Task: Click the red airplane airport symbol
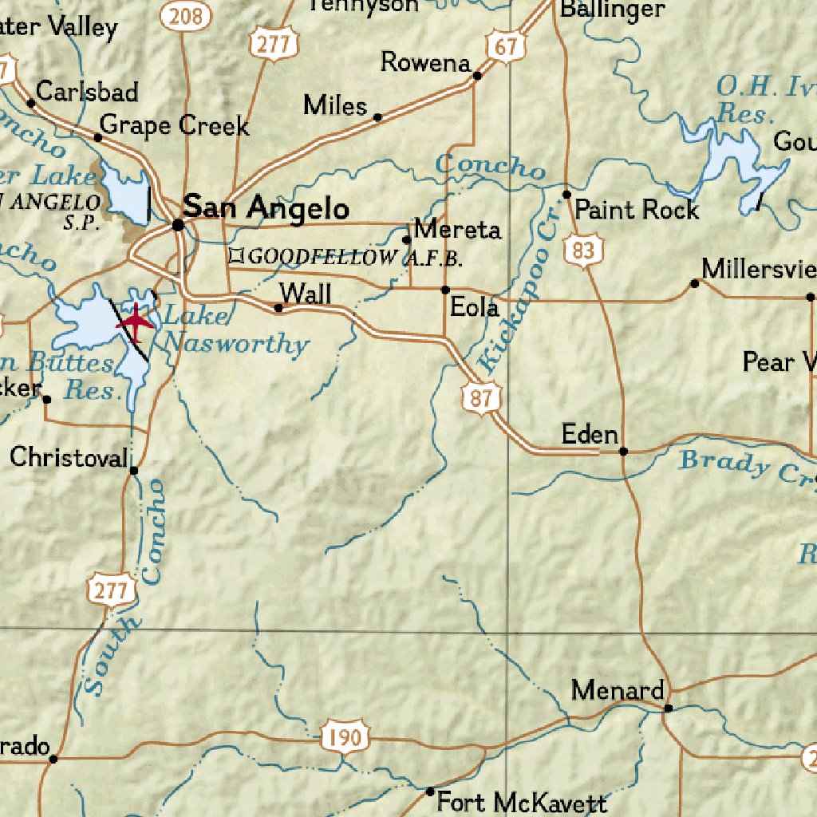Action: coord(136,322)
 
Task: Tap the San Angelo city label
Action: coord(266,209)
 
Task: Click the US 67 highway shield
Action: coord(506,47)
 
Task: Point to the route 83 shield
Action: coord(583,251)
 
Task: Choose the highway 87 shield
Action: coord(480,397)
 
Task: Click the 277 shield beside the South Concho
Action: coord(109,591)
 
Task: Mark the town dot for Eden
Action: coord(624,452)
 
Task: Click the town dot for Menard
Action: coord(669,708)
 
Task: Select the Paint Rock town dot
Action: coord(567,195)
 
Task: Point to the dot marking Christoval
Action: coord(134,470)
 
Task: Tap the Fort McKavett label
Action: coord(522,803)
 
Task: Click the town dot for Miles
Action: coord(377,117)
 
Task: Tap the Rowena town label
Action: coord(424,62)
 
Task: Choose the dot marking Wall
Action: coord(278,308)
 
